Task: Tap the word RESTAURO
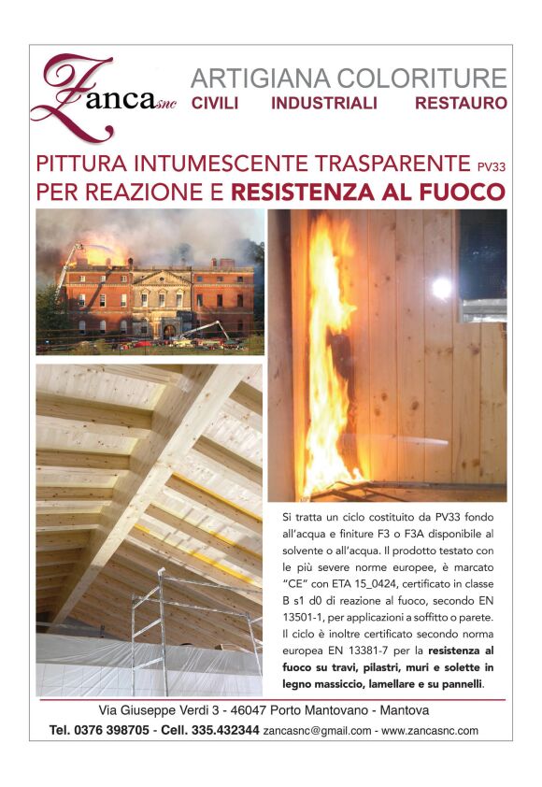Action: click(461, 104)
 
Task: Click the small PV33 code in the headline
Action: click(491, 167)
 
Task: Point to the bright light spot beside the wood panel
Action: click(442, 288)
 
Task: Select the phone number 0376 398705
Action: click(112, 730)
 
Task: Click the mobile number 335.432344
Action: click(223, 730)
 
